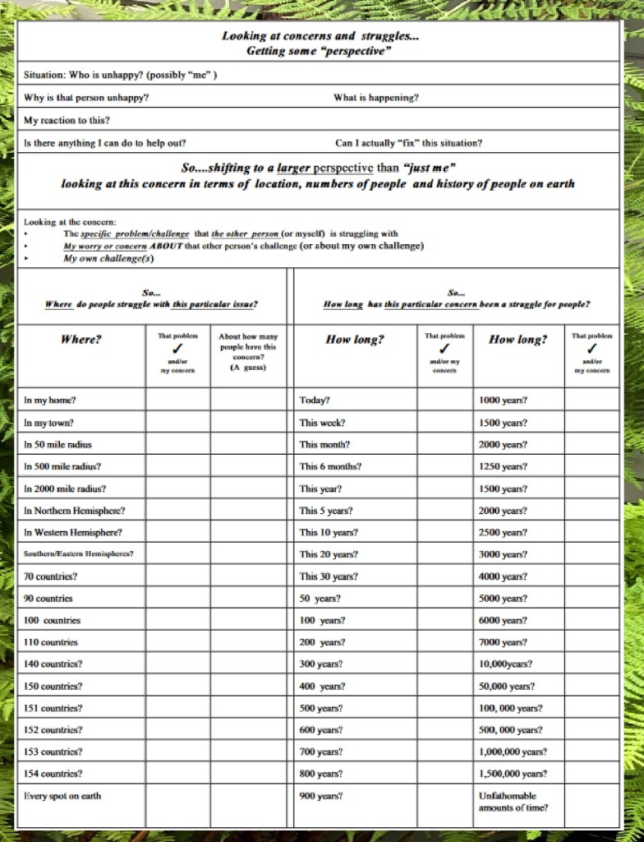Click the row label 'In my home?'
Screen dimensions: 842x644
[50, 400]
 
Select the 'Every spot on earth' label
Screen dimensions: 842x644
[62, 795]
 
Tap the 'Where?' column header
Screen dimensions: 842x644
[81, 340]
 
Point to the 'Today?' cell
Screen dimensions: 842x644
[315, 400]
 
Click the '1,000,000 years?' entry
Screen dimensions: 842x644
[513, 752]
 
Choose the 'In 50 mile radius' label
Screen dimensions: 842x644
[57, 444]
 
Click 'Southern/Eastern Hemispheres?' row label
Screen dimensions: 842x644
[79, 554]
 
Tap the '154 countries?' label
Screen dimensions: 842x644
[53, 773]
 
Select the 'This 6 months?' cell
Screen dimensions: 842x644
[330, 466]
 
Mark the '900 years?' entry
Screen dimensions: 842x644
[321, 795]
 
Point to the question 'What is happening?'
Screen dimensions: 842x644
[375, 98]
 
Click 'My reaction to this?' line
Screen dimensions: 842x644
[67, 120]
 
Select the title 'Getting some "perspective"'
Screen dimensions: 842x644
[318, 51]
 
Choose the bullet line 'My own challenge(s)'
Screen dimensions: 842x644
[108, 258]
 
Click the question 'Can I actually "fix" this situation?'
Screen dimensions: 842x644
[408, 142]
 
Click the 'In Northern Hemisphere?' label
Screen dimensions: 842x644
[75, 511]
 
